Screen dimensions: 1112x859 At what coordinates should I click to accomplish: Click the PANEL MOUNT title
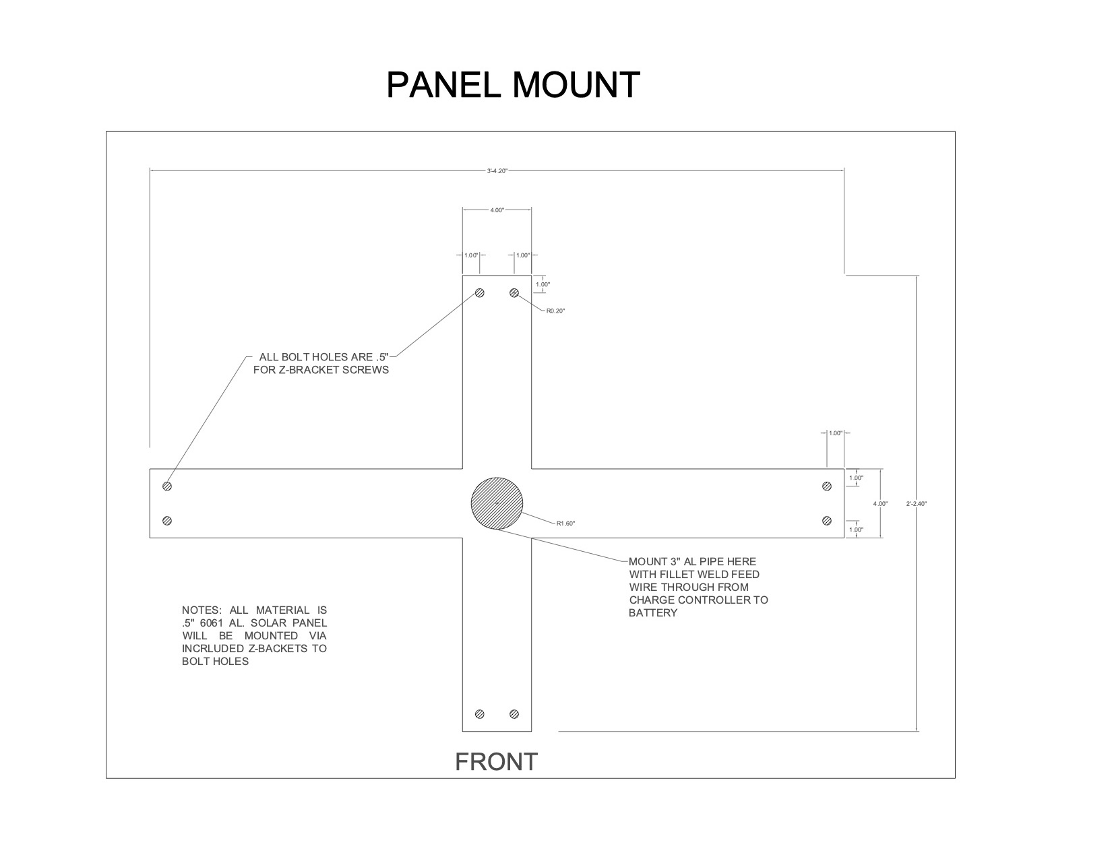click(513, 85)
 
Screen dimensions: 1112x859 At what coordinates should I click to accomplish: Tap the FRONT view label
click(496, 762)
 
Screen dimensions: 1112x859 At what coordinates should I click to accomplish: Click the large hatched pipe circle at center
click(497, 503)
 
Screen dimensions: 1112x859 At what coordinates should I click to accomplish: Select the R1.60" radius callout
click(565, 523)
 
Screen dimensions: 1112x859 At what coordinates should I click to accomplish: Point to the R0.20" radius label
click(555, 311)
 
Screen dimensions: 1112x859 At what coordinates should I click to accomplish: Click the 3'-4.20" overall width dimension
click(497, 171)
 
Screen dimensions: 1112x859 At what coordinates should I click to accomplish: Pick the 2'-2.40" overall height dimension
click(916, 504)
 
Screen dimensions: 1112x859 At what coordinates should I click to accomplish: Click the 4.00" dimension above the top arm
click(497, 210)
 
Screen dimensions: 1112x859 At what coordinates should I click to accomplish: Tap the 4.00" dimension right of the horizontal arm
click(880, 504)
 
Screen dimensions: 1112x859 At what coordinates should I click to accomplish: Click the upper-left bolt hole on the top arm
click(479, 292)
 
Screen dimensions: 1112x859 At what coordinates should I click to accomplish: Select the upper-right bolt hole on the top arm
click(514, 292)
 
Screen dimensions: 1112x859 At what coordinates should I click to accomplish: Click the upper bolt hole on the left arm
click(167, 486)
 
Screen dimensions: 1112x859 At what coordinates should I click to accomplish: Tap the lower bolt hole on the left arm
click(167, 521)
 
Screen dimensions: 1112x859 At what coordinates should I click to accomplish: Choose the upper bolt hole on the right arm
click(827, 486)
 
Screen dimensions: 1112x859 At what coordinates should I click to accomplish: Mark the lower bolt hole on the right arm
click(827, 521)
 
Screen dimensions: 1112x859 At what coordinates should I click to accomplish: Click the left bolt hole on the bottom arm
click(479, 714)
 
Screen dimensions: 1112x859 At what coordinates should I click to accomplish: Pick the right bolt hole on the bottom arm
click(514, 714)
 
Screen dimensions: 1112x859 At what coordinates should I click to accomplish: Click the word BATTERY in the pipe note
click(653, 613)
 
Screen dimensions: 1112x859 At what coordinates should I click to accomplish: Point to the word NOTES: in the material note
click(202, 610)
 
